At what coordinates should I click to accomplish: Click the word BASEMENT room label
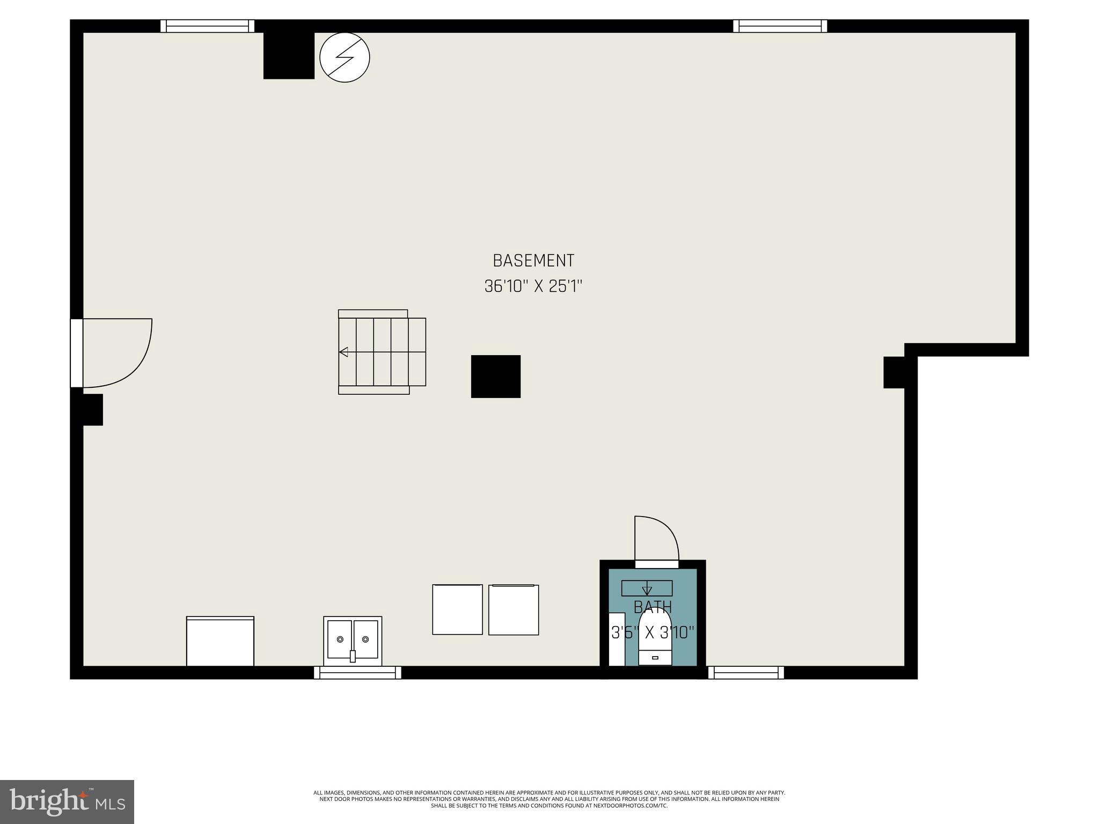533,261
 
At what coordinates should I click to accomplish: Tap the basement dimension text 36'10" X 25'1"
533,286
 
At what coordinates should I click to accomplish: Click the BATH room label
653,607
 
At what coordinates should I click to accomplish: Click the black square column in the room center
495,376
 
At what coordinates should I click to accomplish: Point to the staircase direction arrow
343,352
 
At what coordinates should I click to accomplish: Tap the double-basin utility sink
353,641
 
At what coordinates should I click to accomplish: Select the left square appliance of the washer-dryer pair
457,609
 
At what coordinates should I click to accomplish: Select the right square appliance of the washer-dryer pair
514,609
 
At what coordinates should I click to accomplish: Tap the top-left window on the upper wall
208,26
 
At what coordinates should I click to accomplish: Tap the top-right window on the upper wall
780,26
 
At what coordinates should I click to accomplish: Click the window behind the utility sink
357,673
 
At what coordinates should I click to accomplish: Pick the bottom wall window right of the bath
746,673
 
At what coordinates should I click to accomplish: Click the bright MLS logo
67,801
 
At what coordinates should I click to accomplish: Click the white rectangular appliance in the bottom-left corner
220,642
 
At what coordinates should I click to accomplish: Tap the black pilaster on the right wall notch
894,372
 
